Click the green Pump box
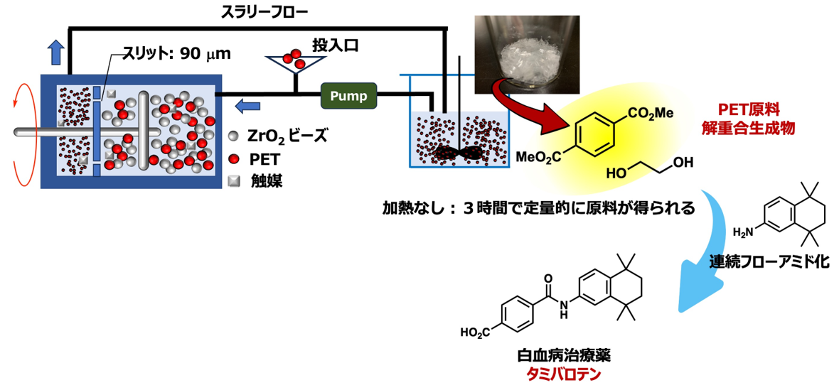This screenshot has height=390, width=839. coord(348,96)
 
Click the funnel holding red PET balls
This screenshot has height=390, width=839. coord(292,63)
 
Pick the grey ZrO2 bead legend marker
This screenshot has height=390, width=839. coord(233,136)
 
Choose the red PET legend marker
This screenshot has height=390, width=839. coord(233,158)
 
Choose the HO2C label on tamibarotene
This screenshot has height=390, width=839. coord(475,333)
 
